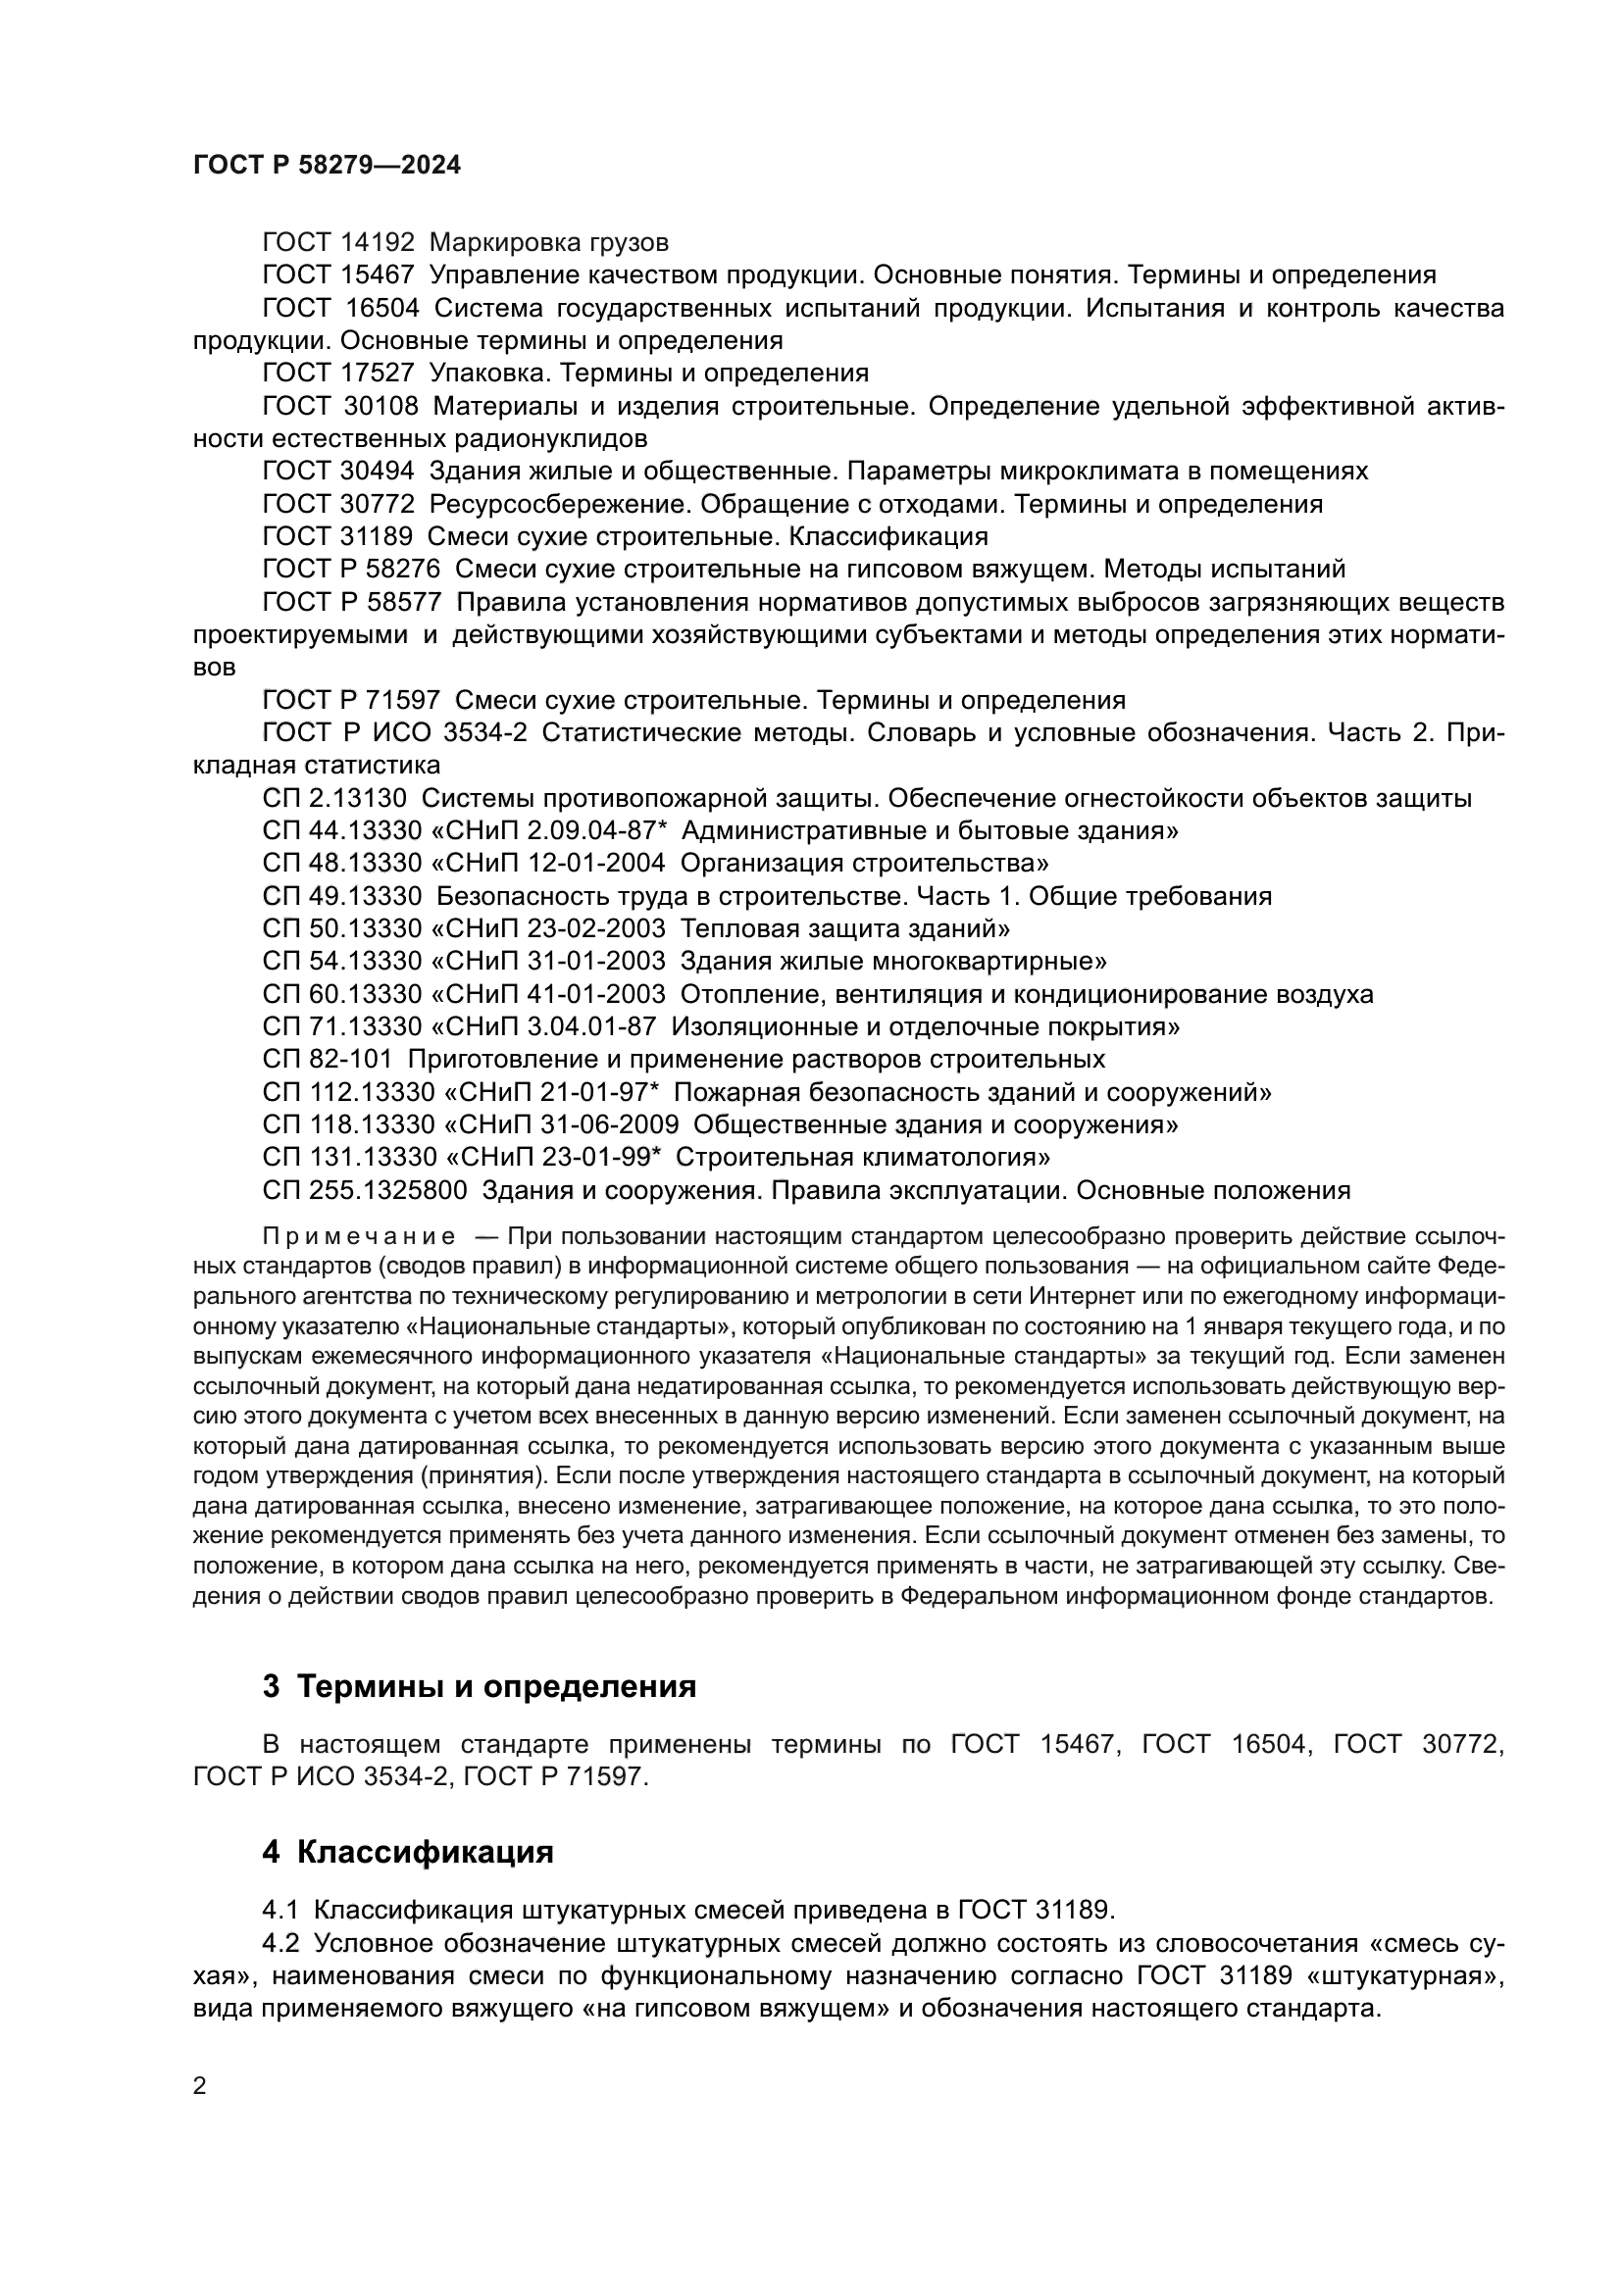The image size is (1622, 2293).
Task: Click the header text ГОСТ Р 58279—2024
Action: [x=327, y=166]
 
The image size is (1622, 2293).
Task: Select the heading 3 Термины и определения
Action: [x=479, y=1687]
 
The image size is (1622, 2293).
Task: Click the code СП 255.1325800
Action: [x=365, y=1190]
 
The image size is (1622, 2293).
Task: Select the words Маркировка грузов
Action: [x=549, y=243]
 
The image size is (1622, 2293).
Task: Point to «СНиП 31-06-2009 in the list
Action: [x=559, y=1124]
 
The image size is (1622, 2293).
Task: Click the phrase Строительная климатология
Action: [x=862, y=1158]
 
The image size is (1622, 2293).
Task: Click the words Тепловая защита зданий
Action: [x=844, y=928]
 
